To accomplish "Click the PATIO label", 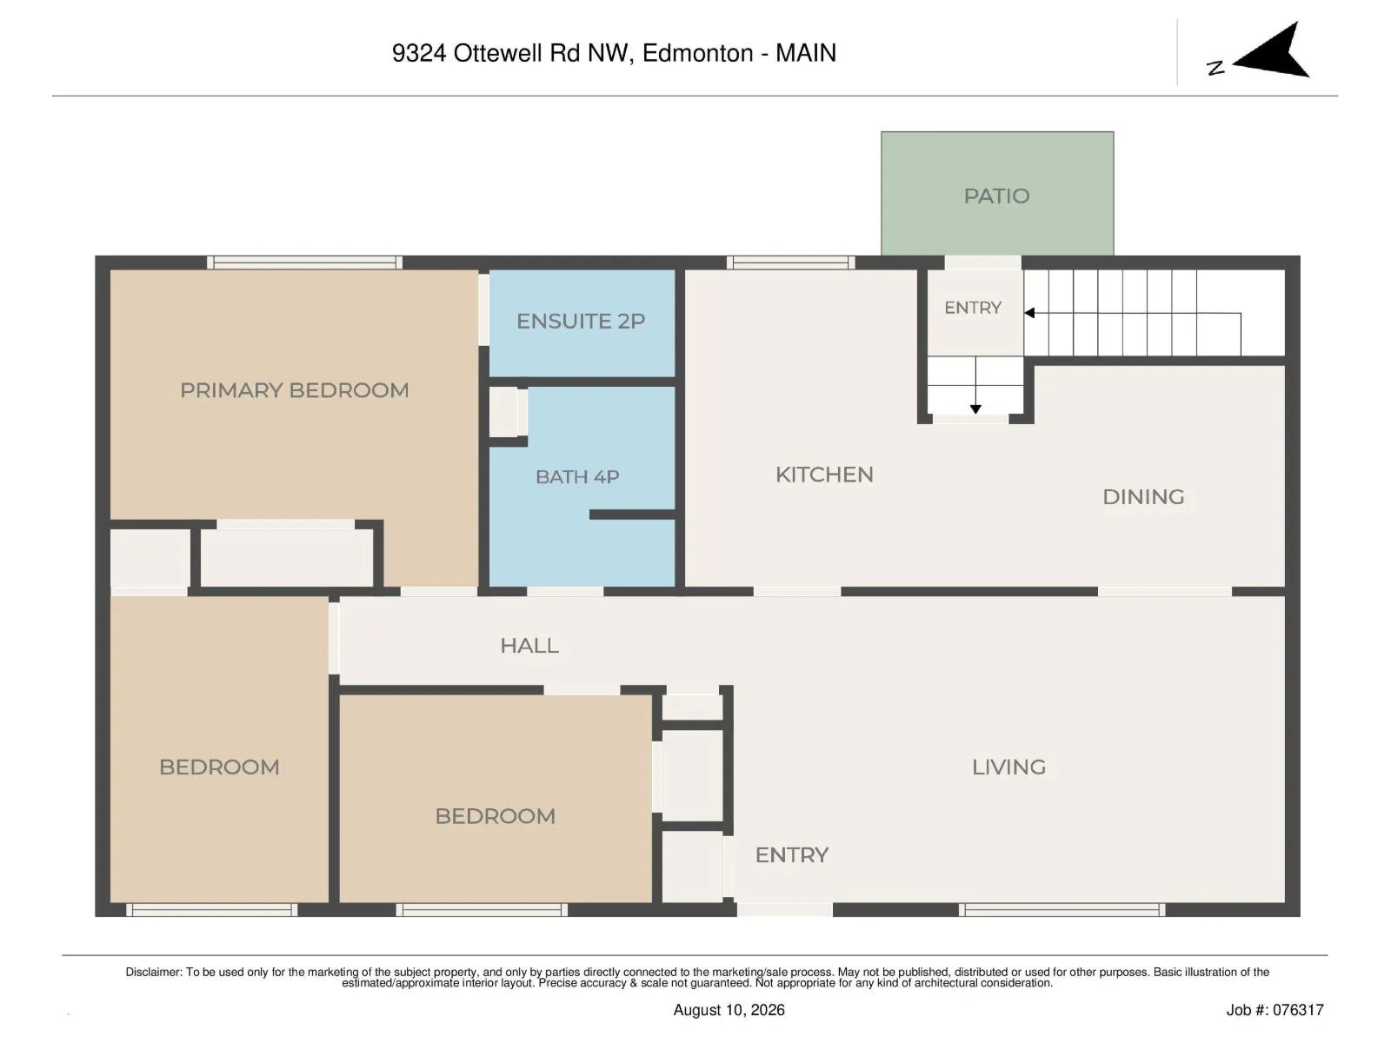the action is (x=996, y=196).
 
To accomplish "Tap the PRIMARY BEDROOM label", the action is (x=295, y=390).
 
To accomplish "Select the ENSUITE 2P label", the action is (x=581, y=321).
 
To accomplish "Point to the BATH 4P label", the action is (x=577, y=477).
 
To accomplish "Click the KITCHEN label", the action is (x=824, y=475).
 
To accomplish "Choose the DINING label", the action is (x=1143, y=496).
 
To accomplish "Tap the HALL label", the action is (x=529, y=645).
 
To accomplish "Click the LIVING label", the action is (x=1008, y=767).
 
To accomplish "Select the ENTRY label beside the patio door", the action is (x=973, y=308).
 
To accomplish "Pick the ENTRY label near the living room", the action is (x=791, y=855).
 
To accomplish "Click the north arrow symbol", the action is (x=1272, y=52).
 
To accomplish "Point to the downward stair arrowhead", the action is (x=976, y=409).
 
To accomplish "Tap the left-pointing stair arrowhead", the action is (x=1030, y=313).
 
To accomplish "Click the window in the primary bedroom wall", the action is (x=305, y=262).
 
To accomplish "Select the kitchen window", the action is (x=790, y=262).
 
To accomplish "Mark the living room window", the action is (x=1062, y=910).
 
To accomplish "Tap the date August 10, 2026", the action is (x=729, y=1011).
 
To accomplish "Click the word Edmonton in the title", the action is (x=698, y=53).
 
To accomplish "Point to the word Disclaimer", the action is (x=153, y=972).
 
